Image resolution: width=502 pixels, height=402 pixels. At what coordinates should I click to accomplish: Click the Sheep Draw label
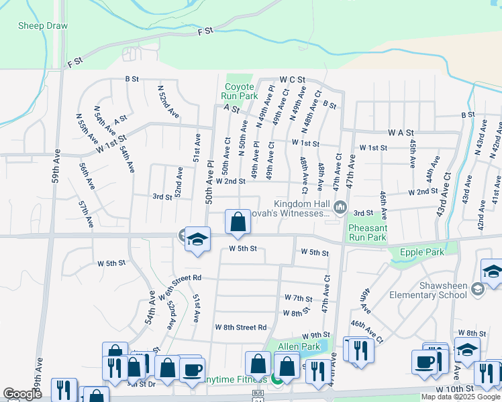coord(43,26)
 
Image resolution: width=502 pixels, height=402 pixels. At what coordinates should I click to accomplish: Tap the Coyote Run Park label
coord(240,91)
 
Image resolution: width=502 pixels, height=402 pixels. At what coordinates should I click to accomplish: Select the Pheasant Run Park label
coord(367,232)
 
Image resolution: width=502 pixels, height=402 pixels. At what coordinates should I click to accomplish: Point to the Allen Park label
coord(299,346)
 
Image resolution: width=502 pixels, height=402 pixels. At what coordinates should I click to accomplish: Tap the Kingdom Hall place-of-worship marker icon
coord(340,208)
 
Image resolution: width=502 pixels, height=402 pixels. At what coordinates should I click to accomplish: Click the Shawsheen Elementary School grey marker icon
coord(478,289)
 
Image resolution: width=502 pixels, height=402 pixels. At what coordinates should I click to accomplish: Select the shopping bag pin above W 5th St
coord(238,223)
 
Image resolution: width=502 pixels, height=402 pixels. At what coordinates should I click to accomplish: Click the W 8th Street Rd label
coord(241,327)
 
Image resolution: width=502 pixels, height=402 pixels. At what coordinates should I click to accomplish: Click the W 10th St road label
coord(456,389)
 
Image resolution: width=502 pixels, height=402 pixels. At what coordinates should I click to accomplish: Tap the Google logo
coord(22,394)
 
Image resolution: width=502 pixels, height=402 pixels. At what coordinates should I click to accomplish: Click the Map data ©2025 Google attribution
coord(460,397)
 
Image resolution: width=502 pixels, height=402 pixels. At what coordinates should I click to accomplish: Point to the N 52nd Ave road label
coord(168,100)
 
